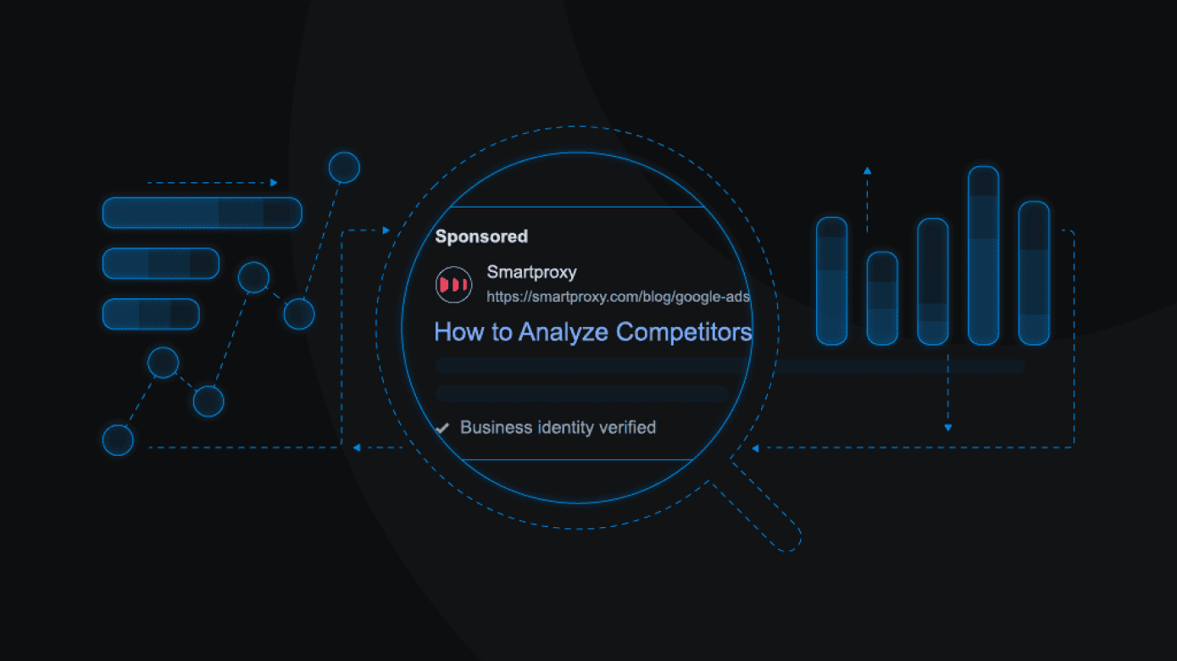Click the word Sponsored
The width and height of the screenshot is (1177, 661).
[x=481, y=236]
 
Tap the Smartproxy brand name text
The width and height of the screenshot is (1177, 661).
[x=531, y=272]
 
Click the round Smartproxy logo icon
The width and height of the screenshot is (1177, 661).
[x=453, y=285]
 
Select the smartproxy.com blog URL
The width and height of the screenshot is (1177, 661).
[x=618, y=297]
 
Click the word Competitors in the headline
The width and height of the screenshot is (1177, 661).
[x=684, y=332]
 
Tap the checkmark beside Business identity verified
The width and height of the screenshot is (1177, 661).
[x=442, y=428]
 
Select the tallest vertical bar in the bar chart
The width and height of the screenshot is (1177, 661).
[x=983, y=255]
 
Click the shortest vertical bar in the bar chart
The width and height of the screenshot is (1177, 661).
[x=882, y=298]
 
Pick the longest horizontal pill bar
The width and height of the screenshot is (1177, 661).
[x=203, y=213]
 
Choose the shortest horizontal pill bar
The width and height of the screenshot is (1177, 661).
[x=151, y=314]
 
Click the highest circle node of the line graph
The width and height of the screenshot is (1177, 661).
[x=344, y=168]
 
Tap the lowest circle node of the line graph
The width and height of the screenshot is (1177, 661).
[x=118, y=440]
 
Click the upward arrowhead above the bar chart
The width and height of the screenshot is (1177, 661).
[x=868, y=171]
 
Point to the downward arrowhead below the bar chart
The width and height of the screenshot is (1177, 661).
[x=948, y=428]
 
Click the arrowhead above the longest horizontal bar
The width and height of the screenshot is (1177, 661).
[x=274, y=183]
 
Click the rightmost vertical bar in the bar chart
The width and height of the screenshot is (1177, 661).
[x=1034, y=273]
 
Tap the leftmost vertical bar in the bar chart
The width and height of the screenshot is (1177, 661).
[x=832, y=281]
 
